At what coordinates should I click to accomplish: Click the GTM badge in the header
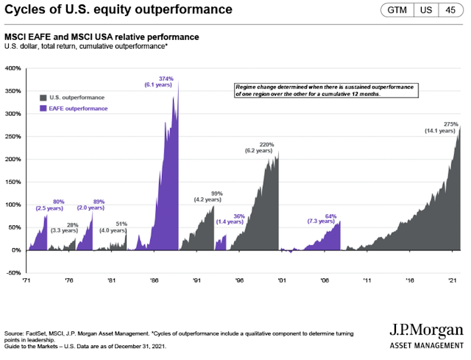coord(397,11)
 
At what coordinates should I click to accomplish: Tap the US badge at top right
coord(425,11)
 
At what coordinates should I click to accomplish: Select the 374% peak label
coord(166,79)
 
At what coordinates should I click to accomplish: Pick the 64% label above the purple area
coord(330,216)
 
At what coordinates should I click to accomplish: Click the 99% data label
coord(216,192)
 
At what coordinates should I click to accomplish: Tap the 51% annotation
coord(122,224)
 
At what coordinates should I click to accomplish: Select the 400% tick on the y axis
coord(13,68)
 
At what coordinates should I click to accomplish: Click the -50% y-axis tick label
coord(13,273)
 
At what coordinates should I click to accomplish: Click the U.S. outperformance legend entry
coord(72,97)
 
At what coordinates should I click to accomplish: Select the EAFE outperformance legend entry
coord(72,109)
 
